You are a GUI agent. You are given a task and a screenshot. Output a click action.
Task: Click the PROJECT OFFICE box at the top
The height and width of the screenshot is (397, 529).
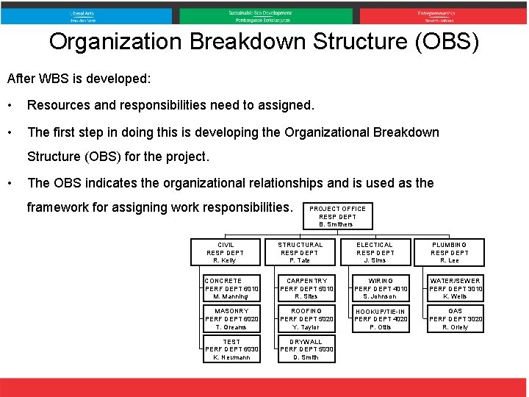337,216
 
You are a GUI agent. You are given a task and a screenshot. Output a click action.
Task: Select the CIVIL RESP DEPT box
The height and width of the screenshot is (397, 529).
225,252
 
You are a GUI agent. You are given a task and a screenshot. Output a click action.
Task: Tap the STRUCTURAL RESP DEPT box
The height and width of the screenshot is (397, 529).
300,252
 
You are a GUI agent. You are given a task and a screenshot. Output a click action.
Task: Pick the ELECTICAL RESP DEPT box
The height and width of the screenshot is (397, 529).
375,252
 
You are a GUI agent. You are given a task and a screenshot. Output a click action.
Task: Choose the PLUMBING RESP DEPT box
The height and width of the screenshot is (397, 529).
450,252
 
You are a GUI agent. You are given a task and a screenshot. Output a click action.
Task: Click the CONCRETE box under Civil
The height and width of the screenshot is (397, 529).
231,289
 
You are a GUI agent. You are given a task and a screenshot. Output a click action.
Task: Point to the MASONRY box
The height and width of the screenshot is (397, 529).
231,319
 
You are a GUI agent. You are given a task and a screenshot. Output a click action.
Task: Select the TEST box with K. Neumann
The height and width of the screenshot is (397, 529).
231,349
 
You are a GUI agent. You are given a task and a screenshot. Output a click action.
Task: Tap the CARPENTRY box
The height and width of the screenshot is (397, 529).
306,289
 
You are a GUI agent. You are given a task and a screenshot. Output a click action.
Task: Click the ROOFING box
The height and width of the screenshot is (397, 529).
306,319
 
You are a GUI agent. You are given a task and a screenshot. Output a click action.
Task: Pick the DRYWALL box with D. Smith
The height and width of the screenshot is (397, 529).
306,349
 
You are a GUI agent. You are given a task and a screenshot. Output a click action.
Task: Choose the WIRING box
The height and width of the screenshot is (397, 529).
381,289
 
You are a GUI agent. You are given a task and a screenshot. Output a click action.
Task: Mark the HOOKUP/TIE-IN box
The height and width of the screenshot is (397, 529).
381,319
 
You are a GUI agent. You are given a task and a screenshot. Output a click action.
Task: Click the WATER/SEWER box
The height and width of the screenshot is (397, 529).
456,289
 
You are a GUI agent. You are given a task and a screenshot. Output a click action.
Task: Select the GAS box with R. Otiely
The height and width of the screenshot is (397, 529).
456,319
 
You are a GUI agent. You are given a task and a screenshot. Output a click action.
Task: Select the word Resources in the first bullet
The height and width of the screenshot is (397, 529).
58,105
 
